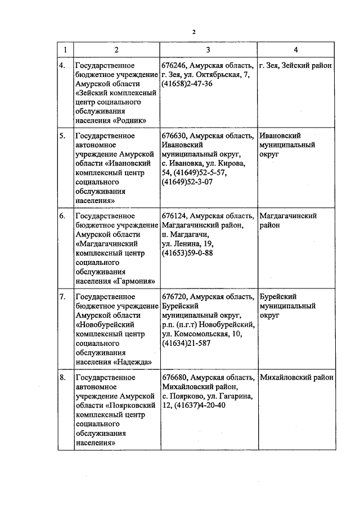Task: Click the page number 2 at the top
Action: pyautogui.click(x=194, y=31)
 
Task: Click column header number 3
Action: pyautogui.click(x=208, y=50)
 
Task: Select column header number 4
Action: pyautogui.click(x=296, y=50)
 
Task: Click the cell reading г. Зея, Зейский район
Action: pyautogui.click(x=295, y=66)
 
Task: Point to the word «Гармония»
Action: pyautogui.click(x=134, y=280)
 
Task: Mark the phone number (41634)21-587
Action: pyautogui.click(x=186, y=343)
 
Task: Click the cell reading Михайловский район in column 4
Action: pyautogui.click(x=296, y=377)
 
